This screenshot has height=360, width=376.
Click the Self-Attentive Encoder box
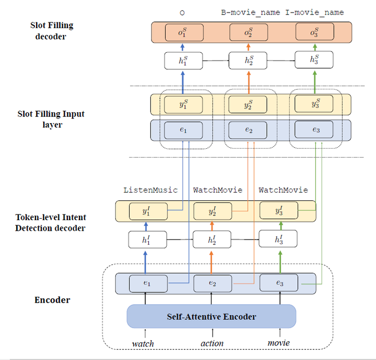click(x=211, y=316)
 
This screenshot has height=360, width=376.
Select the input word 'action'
click(x=212, y=343)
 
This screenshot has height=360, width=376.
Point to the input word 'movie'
click(x=278, y=343)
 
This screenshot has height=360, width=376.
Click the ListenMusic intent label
click(x=150, y=190)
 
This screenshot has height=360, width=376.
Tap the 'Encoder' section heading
click(x=52, y=300)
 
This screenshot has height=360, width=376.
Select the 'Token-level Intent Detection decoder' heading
click(x=51, y=223)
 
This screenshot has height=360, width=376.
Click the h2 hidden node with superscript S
click(x=248, y=61)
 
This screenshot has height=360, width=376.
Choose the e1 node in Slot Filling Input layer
click(x=183, y=130)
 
